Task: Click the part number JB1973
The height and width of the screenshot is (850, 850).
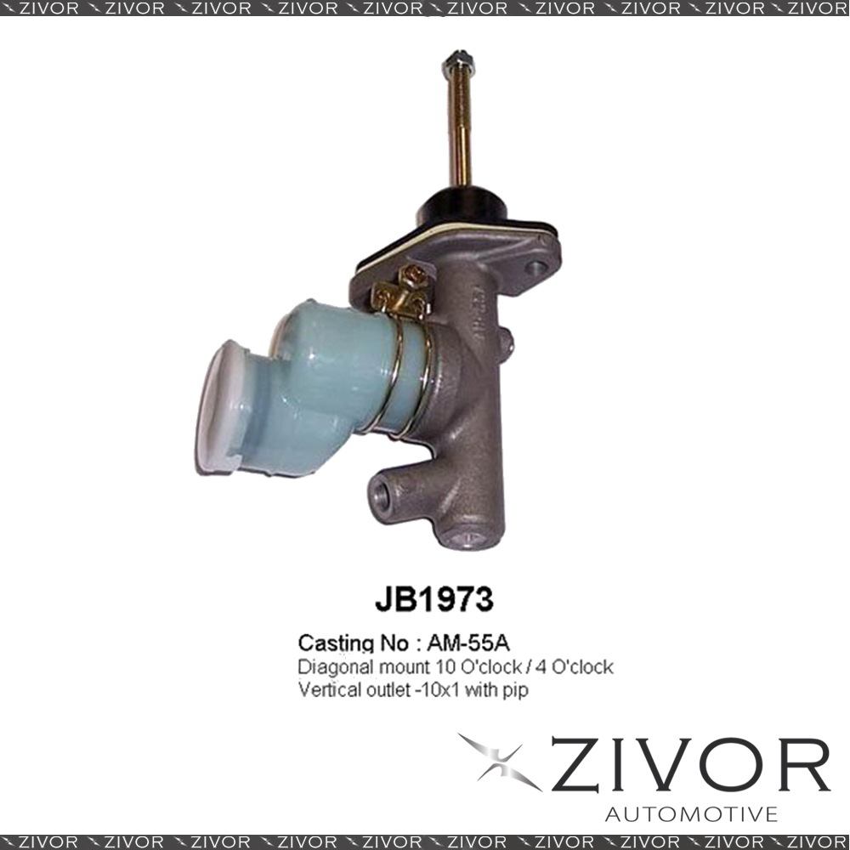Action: (433, 599)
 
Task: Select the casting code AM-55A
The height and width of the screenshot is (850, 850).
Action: (468, 643)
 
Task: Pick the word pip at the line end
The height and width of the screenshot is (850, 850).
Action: (517, 692)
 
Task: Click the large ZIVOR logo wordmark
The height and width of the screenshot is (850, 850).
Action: (690, 764)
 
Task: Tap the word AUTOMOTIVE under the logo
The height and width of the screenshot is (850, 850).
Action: (691, 814)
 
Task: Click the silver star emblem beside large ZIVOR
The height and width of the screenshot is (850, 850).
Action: (499, 761)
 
